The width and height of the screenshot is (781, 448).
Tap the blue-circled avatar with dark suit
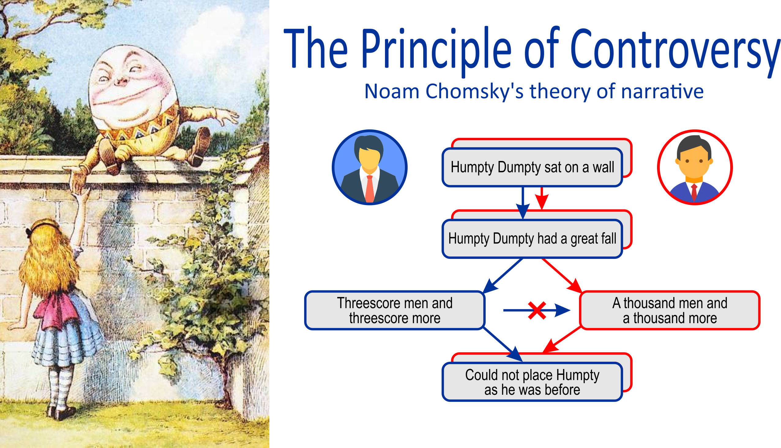coord(370,167)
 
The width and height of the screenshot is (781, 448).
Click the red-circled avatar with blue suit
coord(695,167)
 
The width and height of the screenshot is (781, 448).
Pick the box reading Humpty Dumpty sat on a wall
coord(532,167)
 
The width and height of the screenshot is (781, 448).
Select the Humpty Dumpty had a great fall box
coord(532,239)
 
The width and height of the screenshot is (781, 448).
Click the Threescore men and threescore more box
coord(395,311)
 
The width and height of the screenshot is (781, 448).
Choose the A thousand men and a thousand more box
coord(670,311)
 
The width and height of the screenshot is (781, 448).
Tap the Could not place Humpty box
coord(532,382)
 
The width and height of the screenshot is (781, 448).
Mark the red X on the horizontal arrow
coord(537,311)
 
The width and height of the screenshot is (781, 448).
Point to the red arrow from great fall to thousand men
coord(562,276)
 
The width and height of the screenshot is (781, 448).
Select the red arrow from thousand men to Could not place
coord(562,340)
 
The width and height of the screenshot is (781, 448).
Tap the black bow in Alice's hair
coord(29,233)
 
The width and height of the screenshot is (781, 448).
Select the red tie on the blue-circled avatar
coord(370,189)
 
